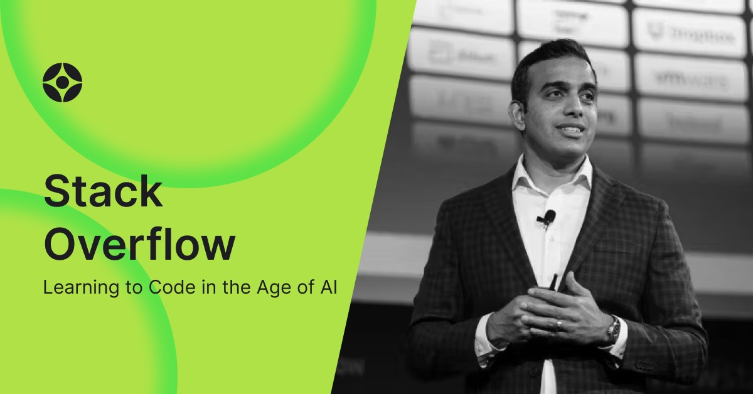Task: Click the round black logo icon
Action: [x=62, y=82]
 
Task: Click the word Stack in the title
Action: [x=103, y=192]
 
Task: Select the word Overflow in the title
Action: [x=139, y=245]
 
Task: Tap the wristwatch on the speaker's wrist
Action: [x=613, y=329]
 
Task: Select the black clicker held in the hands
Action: [x=553, y=282]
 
